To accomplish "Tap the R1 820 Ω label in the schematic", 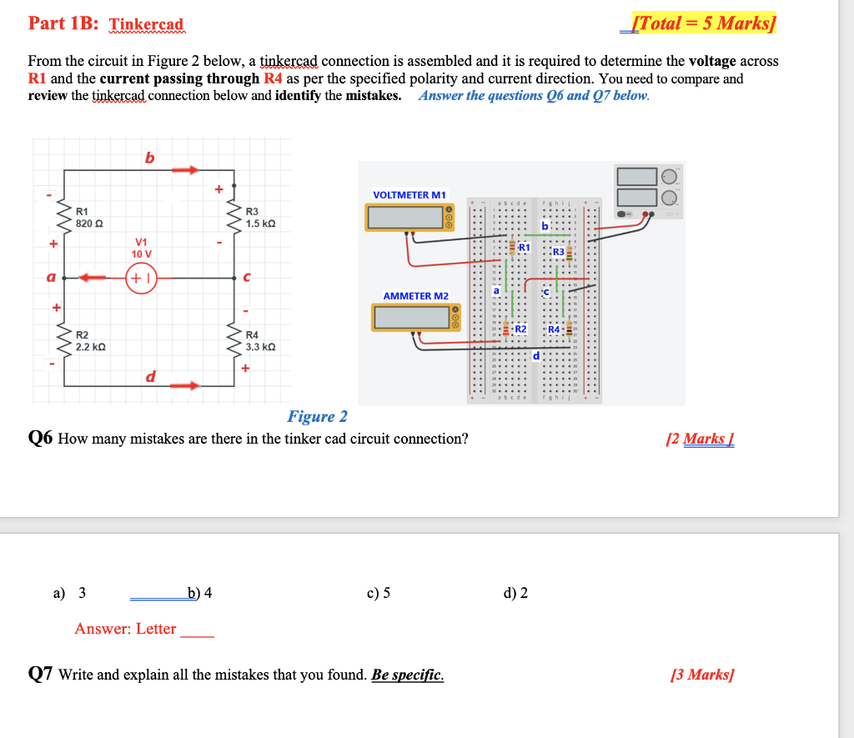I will pos(88,217).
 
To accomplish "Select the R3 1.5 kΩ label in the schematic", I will pos(259,217).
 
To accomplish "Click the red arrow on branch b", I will pos(185,170).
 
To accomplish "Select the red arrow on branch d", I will pos(185,386).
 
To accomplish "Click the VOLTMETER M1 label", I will pos(409,195).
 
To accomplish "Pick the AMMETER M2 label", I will pos(415,296).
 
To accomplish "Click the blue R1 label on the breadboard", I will pos(525,248).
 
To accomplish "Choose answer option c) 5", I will pos(378,593).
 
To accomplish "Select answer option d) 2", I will pos(515,593).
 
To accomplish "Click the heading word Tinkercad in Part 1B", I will pos(147,24).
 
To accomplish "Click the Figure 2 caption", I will pos(317,416).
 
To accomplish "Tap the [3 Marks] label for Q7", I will pos(702,675).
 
